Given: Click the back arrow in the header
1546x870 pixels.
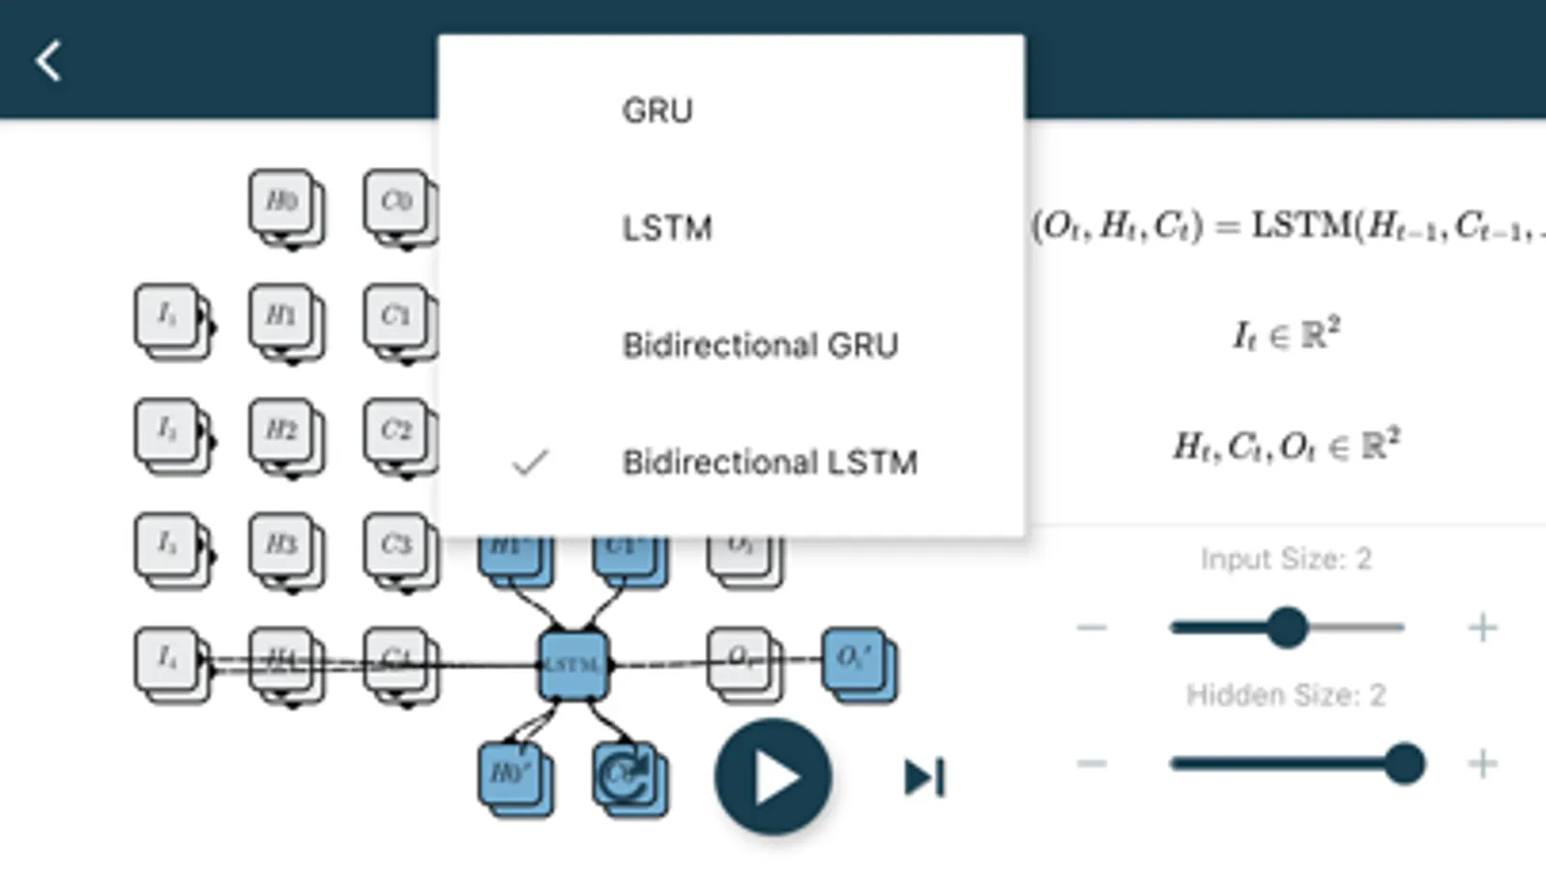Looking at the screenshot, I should click(48, 61).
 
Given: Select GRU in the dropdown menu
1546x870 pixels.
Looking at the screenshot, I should click(657, 111).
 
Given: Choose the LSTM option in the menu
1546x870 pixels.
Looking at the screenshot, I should click(667, 228).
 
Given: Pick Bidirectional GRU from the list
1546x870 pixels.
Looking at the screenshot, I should click(760, 345).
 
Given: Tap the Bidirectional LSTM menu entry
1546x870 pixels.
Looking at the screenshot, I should click(770, 462).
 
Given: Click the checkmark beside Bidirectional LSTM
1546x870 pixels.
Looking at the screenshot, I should click(530, 463).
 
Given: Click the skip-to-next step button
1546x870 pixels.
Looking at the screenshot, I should click(924, 777).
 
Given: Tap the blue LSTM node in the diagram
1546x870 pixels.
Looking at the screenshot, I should click(573, 665).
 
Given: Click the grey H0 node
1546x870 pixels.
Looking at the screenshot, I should click(282, 201).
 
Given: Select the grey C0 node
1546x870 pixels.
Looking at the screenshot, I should click(396, 201).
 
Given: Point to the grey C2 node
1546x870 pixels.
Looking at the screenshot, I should click(396, 429).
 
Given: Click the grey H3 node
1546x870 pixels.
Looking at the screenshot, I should click(282, 543).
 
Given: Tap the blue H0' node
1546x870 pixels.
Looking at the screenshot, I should click(511, 773).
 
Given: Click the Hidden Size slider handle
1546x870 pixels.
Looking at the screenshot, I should click(1403, 764).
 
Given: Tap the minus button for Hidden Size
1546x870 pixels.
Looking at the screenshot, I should click(1092, 764).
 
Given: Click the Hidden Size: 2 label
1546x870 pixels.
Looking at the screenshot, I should click(1286, 695).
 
